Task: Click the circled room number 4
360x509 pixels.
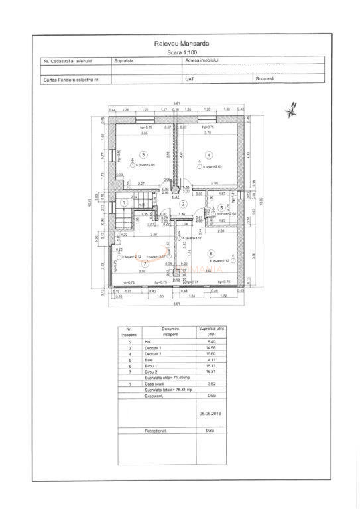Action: point(209,155)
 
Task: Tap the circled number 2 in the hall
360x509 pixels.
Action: point(183,204)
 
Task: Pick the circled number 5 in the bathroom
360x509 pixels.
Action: point(221,207)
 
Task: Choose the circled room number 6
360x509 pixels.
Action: point(211,253)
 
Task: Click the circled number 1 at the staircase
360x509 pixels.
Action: point(123,203)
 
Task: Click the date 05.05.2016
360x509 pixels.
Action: point(210,412)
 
